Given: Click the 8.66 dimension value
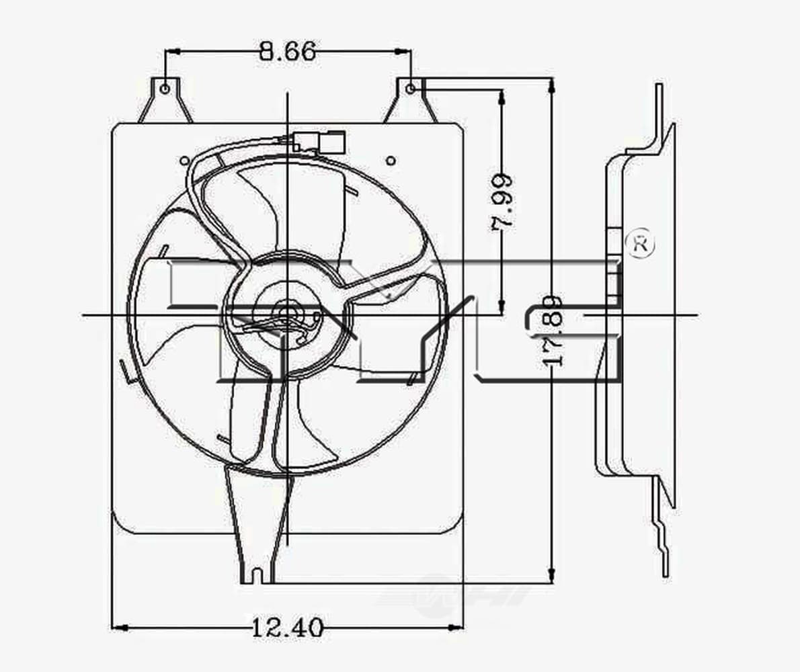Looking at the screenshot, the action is click(287, 52).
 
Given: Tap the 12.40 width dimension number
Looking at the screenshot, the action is click(288, 627).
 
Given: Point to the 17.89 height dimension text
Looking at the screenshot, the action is click(553, 329).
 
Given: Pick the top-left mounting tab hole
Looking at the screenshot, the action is click(164, 89).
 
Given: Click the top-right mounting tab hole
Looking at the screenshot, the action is click(410, 89).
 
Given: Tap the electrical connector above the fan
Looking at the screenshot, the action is click(318, 142).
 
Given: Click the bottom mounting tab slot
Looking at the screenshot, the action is click(258, 576).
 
